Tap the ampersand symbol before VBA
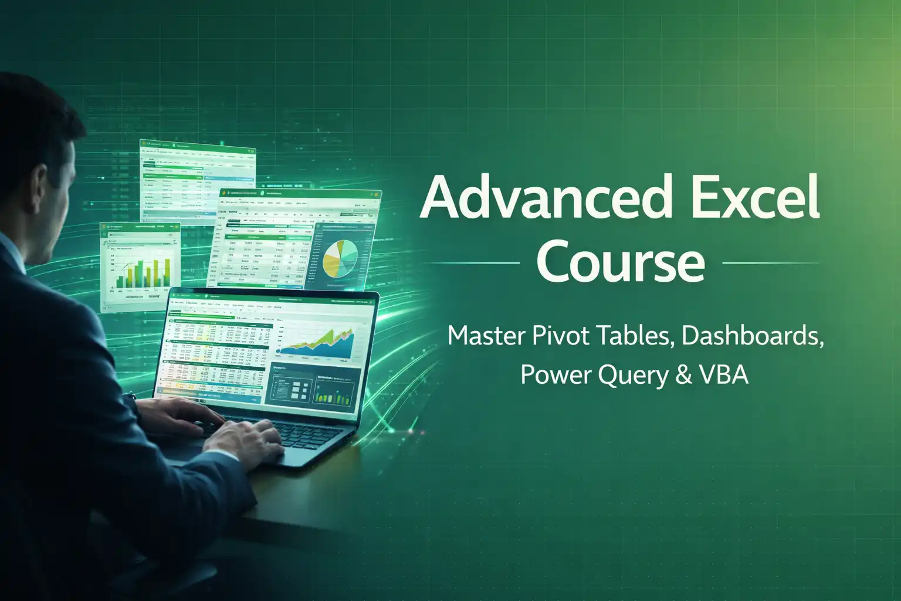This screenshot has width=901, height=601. (x=684, y=374)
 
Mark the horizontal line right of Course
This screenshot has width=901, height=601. (x=771, y=263)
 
